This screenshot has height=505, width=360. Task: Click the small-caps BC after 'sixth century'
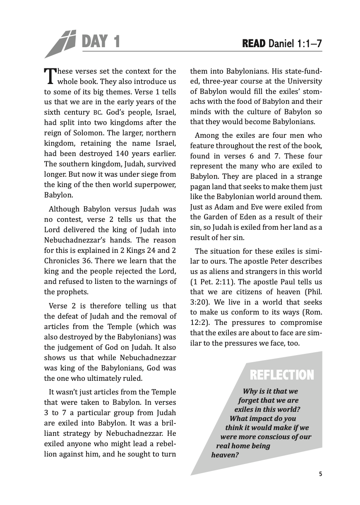click(97, 113)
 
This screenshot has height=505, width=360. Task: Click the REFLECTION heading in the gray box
click(282, 375)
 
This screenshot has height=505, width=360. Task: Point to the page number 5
click(320, 474)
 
